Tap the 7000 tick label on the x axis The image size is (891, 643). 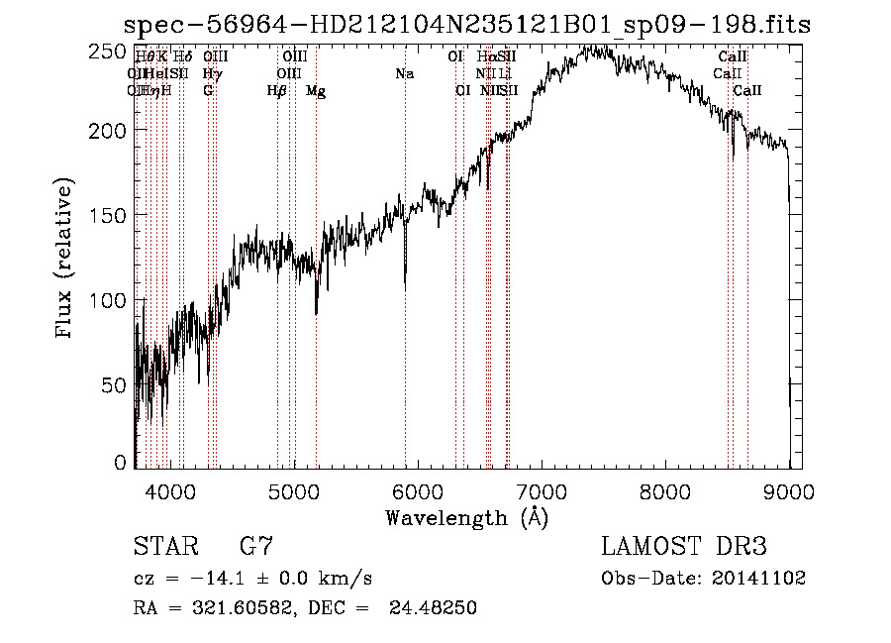coord(542,490)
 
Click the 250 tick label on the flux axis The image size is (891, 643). coord(111,50)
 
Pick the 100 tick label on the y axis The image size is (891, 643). coord(111,299)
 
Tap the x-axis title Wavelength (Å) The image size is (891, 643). coord(466,517)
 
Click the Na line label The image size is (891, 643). coord(404,74)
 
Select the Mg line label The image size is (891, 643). coord(316,91)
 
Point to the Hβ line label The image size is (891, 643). coord(277,91)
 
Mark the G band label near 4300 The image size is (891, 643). coord(208,91)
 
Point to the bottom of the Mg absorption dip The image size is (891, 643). coord(316,313)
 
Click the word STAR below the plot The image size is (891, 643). coord(165,546)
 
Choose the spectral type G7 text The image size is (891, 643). coord(256,546)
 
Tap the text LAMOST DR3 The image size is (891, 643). coord(684,546)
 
